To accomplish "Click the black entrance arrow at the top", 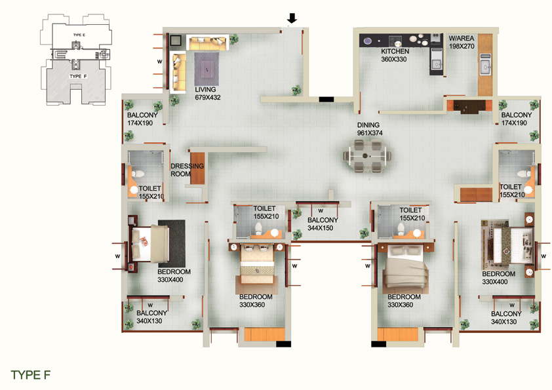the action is [x=292, y=18].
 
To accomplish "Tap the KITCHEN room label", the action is [x=395, y=51].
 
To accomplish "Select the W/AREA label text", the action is [x=461, y=39].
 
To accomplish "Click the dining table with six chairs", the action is [x=368, y=156].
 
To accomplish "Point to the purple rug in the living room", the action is [x=207, y=69].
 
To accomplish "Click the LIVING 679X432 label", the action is [x=208, y=94].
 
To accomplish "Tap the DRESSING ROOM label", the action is [x=187, y=170].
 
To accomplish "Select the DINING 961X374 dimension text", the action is [x=370, y=133].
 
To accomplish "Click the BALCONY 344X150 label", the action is [x=323, y=224].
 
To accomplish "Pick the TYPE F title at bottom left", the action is [x=31, y=375].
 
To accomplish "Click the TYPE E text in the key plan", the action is [x=79, y=35].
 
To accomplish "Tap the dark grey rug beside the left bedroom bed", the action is [x=172, y=244].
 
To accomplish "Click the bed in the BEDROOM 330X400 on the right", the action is [x=508, y=245].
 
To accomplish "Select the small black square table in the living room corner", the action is [x=175, y=41].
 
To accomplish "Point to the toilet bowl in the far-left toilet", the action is [x=138, y=174].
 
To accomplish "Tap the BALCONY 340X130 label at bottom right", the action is [x=506, y=317].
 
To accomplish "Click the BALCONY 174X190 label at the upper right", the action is [x=516, y=119].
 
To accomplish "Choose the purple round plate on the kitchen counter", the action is [x=368, y=41].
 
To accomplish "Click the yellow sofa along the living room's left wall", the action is [x=179, y=72].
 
